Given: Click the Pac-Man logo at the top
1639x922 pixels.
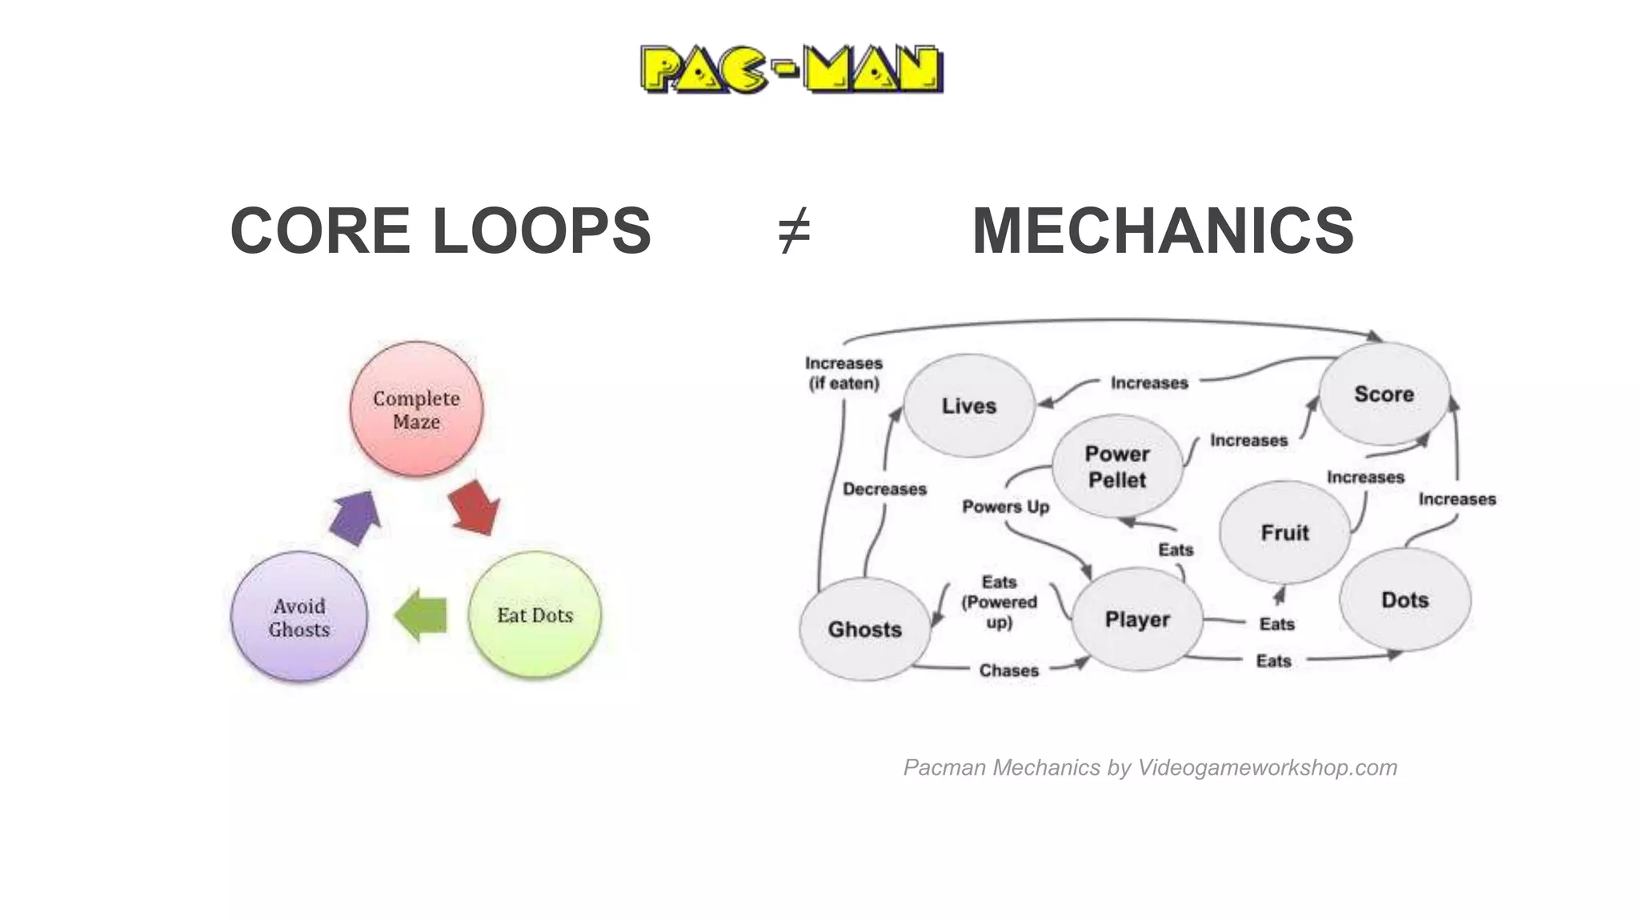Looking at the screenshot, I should (791, 70).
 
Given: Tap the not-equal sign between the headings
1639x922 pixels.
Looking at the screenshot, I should (794, 230).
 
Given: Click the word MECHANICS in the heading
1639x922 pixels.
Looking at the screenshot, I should (1162, 230).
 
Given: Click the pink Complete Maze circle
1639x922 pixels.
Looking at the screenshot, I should (416, 409).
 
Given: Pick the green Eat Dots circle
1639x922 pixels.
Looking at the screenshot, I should (535, 615).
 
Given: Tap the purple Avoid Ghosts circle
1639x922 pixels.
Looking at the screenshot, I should (299, 617).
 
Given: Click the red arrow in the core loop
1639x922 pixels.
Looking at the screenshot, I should (475, 507).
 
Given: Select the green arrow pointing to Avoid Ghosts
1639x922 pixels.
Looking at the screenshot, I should (421, 615).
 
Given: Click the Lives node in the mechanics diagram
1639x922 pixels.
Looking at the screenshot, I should (969, 406).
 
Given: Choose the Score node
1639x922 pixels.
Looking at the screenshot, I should (1384, 394).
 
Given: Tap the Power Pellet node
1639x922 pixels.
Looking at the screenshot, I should (1117, 467).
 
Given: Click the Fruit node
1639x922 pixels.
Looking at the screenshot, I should (1284, 532).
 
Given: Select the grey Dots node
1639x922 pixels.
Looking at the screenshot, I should (1405, 599).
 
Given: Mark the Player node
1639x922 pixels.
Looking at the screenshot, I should (1137, 619).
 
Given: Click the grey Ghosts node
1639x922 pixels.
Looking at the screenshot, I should (864, 629).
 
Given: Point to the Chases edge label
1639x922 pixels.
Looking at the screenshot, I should (1008, 670).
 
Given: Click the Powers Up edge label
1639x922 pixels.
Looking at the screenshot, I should (1005, 507).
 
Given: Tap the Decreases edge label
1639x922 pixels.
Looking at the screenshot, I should (884, 489).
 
